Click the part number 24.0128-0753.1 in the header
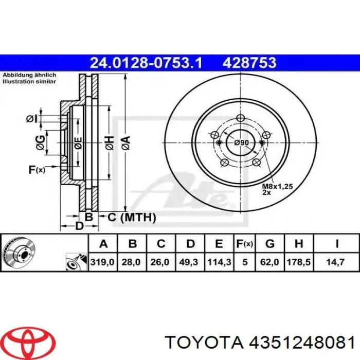tap(146, 63)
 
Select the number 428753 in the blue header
tap(249, 63)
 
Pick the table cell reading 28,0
tap(132, 262)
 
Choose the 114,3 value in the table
tap(219, 262)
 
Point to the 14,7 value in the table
tap(337, 262)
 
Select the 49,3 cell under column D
tap(190, 262)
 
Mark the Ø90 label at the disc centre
tap(241, 142)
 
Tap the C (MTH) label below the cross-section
tap(131, 218)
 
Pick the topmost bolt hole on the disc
tap(241, 118)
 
